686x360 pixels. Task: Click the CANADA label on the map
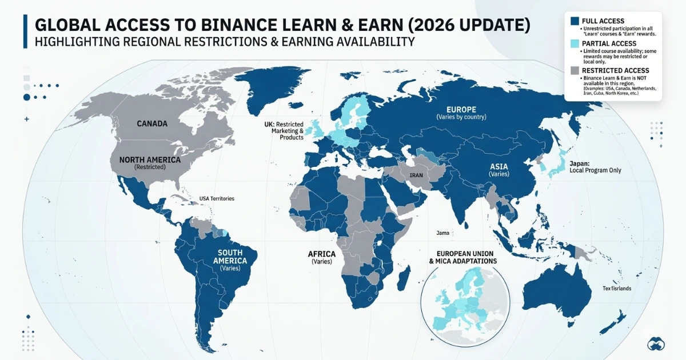point(151,123)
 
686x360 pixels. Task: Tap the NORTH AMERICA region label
point(149,160)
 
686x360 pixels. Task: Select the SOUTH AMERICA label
point(229,257)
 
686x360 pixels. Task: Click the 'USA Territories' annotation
point(217,198)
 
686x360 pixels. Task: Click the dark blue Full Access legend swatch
point(575,21)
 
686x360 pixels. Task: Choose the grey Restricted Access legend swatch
point(575,70)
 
